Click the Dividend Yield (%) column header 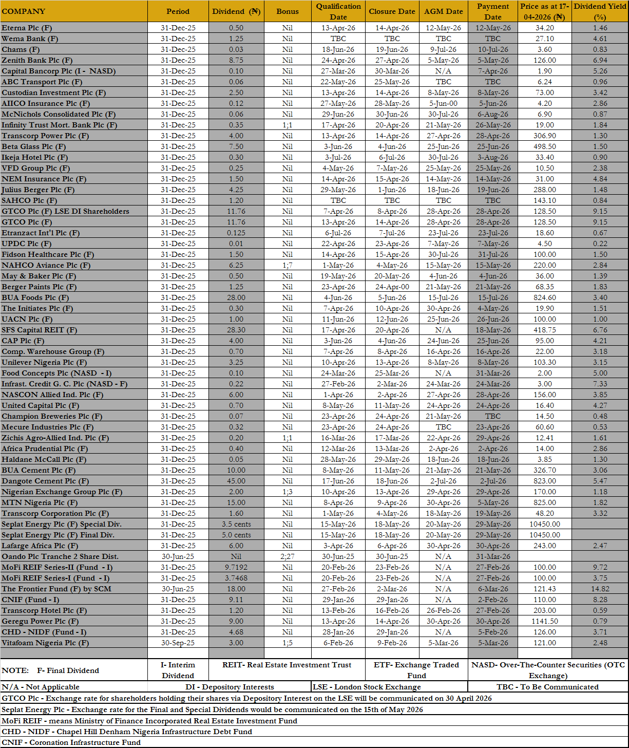click(600, 11)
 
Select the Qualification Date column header click(338, 11)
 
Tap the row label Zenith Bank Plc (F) click(34, 60)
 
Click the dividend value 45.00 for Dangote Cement click(236, 481)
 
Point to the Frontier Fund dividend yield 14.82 click(600, 589)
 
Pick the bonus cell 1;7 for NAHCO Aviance click(287, 265)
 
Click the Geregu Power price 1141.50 click(544, 621)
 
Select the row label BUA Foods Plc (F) click(35, 297)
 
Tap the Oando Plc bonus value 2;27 click(287, 556)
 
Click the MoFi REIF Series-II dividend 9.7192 click(236, 567)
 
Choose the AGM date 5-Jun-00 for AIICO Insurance click(443, 103)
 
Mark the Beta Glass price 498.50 click(544, 146)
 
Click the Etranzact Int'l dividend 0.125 click(236, 233)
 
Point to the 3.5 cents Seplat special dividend click(236, 524)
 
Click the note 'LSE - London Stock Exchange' click(367, 687)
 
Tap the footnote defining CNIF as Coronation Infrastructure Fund click(71, 742)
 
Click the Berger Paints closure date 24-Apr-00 click(392, 287)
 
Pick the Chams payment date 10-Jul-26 click(492, 49)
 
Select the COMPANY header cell click(24, 11)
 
